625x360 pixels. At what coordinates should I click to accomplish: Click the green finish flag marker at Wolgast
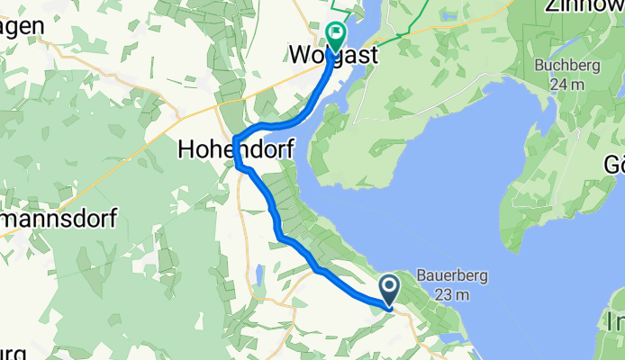coord(336,37)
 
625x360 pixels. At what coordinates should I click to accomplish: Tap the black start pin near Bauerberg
coord(390,290)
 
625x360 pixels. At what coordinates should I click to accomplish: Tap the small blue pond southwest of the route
coord(258,273)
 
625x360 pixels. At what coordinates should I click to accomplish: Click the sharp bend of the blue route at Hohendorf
coord(235,139)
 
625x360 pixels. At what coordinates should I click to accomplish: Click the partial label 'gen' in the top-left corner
coord(20,25)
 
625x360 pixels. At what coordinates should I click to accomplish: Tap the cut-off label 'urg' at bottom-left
coord(9,351)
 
